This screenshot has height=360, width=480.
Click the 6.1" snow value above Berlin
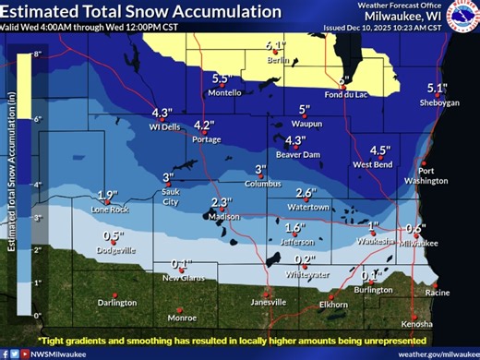point(276,45)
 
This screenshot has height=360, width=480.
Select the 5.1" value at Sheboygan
point(437,89)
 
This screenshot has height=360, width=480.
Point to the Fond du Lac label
point(347,93)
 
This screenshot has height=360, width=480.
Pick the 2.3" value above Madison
point(220,202)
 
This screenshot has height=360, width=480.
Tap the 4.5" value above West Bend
point(379,150)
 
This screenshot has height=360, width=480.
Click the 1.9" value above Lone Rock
point(108,195)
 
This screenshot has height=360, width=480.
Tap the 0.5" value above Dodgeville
point(113,235)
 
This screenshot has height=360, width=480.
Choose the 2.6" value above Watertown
point(306,193)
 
